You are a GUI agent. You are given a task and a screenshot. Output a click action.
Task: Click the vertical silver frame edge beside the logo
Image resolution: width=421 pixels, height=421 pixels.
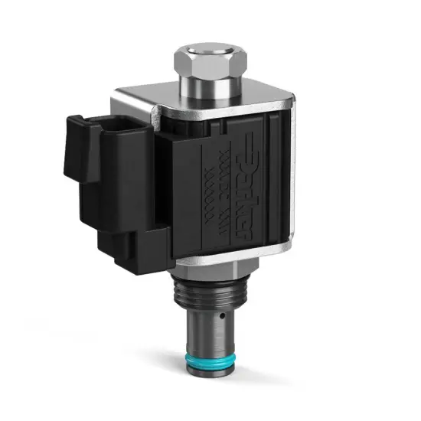(286, 176)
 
